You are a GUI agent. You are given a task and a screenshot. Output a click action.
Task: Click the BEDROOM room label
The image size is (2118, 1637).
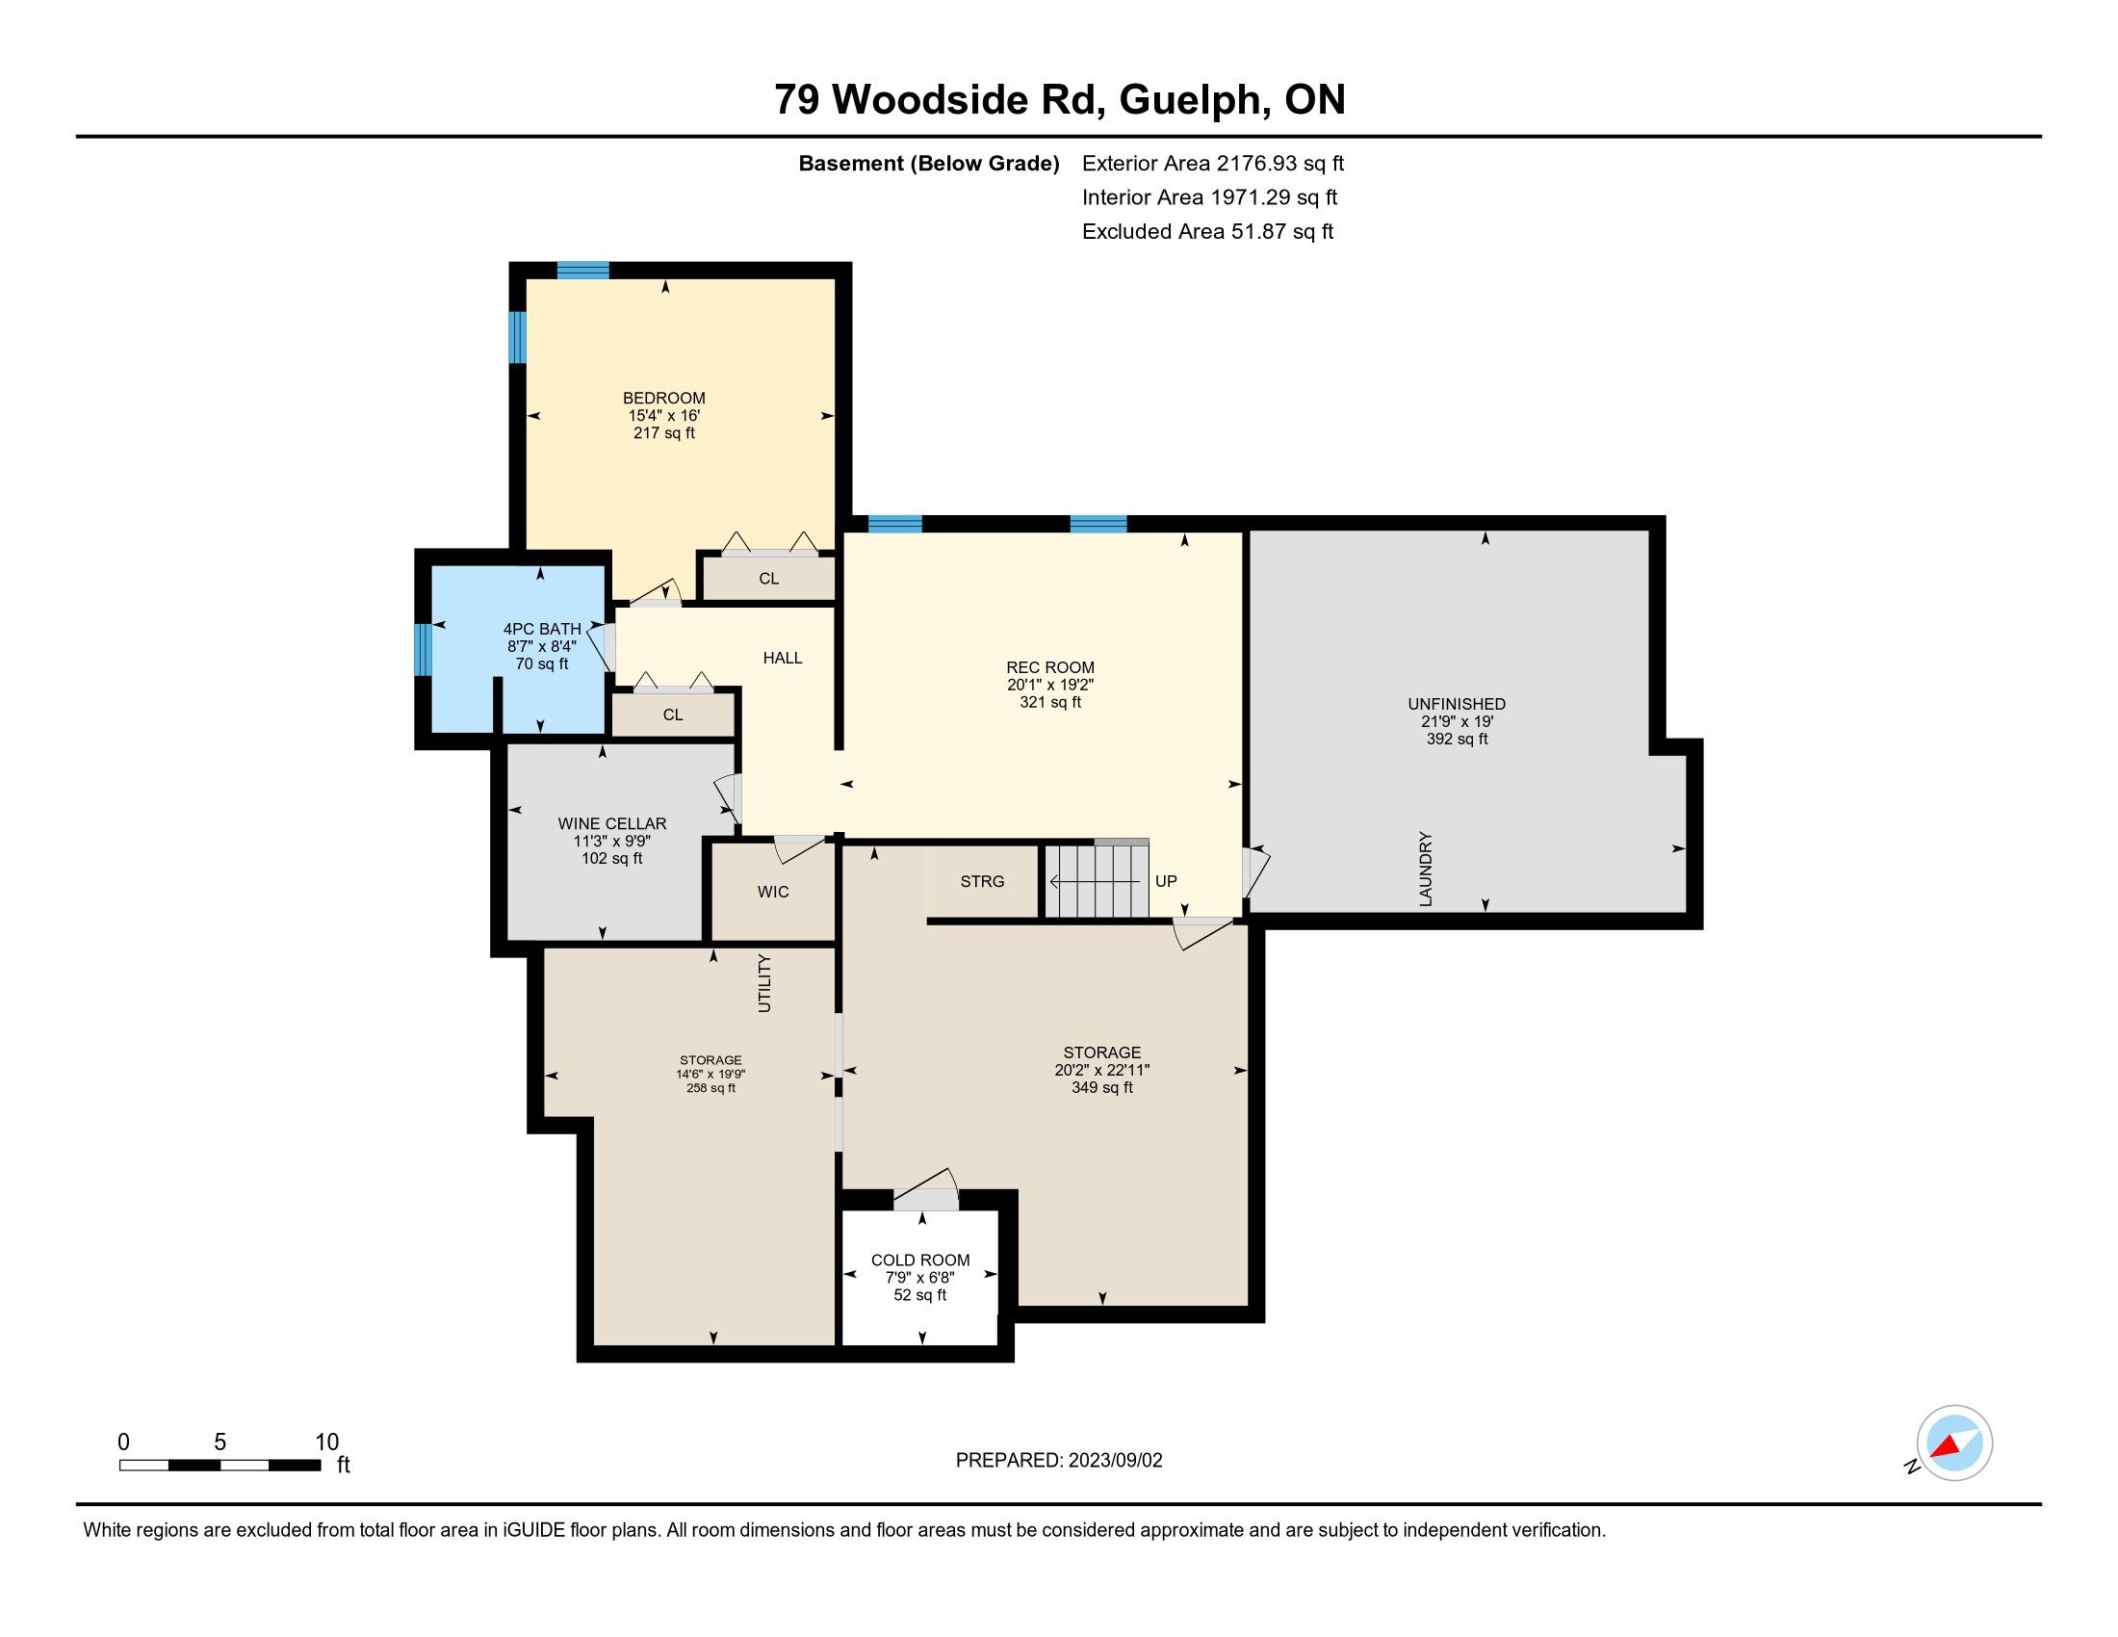coord(663,398)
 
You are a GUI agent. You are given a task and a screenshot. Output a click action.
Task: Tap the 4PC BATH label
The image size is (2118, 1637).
coord(542,630)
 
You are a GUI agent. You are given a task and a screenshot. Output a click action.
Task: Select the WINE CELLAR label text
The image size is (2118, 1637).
coord(612,823)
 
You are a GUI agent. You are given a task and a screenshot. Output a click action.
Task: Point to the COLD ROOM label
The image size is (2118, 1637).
coord(920,1260)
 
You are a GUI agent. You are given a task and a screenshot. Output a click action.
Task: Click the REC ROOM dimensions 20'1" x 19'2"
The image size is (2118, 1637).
coord(1050,685)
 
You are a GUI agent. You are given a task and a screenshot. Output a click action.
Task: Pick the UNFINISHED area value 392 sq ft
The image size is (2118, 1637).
coord(1457,739)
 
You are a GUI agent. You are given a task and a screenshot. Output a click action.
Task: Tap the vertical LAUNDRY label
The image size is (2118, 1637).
coord(1426,869)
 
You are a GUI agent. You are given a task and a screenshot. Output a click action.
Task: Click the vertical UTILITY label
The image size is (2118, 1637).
coord(764,983)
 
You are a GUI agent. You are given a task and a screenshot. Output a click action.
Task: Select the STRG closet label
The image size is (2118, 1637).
coord(982,881)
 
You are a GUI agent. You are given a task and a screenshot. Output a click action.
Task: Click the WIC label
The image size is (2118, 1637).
coord(773,893)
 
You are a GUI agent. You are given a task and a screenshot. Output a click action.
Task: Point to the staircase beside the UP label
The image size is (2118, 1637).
coord(1096,879)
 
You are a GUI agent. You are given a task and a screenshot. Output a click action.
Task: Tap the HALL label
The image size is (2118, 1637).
coord(783,658)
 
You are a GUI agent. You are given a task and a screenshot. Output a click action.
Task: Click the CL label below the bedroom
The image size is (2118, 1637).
coord(769,579)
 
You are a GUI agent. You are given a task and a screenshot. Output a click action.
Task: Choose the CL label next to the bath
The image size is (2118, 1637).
coord(673,715)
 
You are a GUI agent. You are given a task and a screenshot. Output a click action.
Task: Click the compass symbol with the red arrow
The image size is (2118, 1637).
coord(1954,1442)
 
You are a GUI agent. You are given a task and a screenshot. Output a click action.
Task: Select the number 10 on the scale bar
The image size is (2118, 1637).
coord(326,1442)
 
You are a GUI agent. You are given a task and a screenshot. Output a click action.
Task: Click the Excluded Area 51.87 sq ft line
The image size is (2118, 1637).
coord(1207,232)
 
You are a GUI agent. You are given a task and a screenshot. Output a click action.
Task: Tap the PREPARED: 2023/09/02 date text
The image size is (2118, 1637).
coord(1059,1461)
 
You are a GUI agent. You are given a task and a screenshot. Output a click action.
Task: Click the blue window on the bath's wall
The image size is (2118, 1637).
coord(423,649)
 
